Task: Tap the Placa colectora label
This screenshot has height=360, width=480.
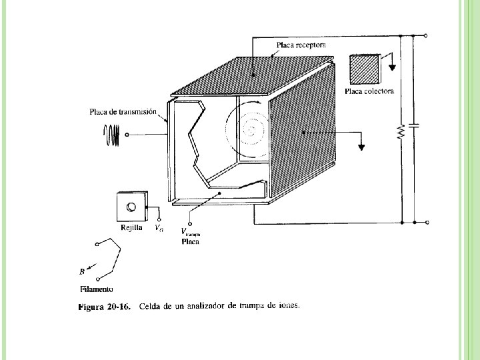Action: [x=371, y=91]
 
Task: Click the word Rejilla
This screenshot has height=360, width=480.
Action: [x=131, y=228]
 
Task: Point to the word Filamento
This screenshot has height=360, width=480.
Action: [x=97, y=289]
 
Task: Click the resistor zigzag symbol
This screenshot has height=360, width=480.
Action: [x=401, y=132]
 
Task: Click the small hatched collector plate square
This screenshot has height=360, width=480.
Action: [x=365, y=68]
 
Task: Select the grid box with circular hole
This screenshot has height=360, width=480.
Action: [x=131, y=207]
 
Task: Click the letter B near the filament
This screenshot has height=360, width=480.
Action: [x=81, y=271]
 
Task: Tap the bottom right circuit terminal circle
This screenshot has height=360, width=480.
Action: [x=426, y=222]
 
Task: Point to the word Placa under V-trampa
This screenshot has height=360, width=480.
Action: [x=190, y=242]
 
